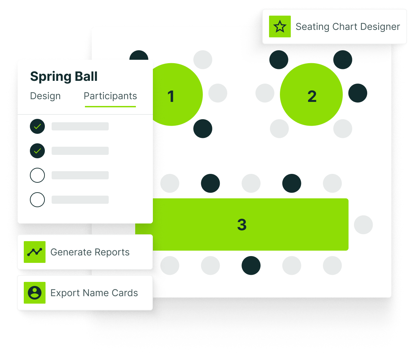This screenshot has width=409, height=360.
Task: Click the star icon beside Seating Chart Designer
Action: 280,26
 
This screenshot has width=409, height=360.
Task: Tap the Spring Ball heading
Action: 64,76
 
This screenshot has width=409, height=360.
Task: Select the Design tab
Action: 45,96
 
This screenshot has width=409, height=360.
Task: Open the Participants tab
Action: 110,96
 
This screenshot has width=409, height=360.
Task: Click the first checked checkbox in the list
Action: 37,126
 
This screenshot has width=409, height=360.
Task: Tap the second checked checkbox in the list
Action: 37,151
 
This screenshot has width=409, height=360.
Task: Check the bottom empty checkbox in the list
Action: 37,200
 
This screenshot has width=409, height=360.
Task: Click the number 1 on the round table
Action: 171,96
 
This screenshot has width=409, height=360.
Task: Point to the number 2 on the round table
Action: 312,96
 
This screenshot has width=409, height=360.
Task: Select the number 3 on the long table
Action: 242,224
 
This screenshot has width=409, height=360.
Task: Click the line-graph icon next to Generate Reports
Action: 35,252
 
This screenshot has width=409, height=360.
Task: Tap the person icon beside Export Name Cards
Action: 35,293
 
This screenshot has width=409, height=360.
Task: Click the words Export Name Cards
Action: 94,293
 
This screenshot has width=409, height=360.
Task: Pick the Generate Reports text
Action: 90,252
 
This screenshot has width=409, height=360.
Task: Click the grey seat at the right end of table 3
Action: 363,224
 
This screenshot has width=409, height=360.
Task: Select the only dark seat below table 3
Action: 251,266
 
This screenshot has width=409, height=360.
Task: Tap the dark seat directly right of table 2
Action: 358,93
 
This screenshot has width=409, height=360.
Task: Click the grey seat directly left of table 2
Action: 265,93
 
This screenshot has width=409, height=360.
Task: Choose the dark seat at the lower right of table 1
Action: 203,129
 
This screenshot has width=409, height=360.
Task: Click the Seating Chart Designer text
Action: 348,26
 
